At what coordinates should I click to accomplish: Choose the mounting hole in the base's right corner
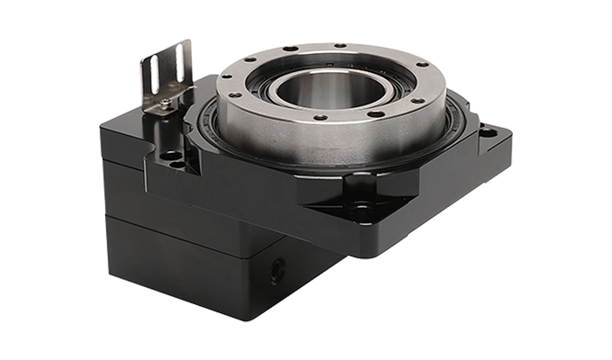pos(487,133)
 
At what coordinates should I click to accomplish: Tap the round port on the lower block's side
pos(276,267)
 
